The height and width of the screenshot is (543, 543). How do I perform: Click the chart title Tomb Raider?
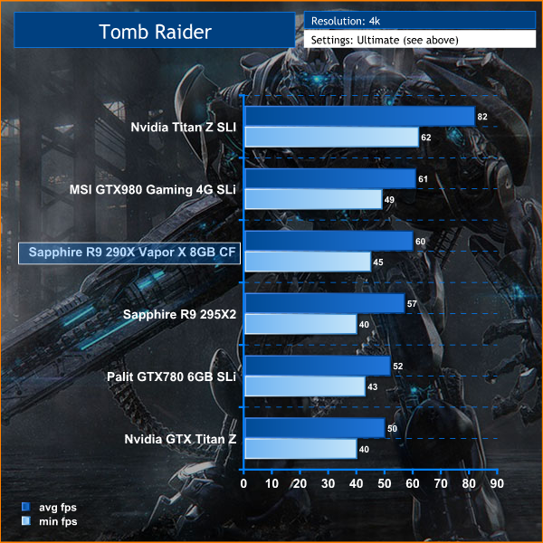(154, 33)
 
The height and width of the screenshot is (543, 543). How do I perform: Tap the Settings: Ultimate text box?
(385, 41)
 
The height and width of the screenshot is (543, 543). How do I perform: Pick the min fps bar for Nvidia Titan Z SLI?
(331, 138)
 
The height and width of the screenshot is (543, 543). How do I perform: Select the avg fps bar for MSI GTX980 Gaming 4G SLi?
(329, 178)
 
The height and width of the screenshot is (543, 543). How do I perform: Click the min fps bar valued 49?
(313, 200)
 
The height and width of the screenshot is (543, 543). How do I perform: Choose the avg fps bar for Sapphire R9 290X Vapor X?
(328, 241)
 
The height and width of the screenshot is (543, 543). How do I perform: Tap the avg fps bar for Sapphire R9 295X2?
(324, 303)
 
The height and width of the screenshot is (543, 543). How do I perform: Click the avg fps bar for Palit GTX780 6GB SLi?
(317, 366)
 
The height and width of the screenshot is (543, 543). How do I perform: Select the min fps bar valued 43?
(304, 386)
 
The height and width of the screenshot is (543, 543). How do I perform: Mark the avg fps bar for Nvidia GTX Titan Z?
(314, 428)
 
